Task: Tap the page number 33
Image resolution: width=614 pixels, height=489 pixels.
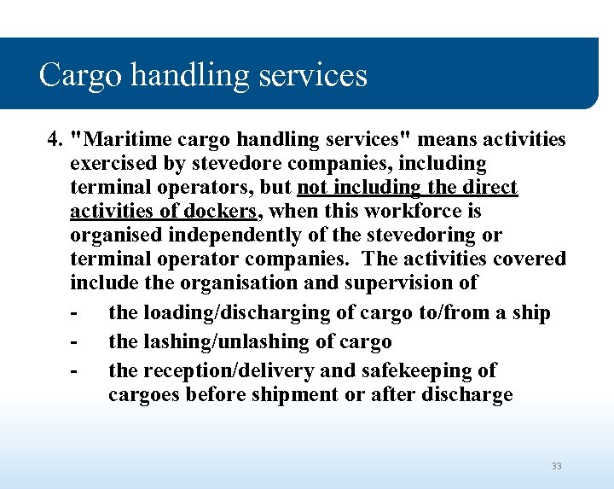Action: pyautogui.click(x=556, y=466)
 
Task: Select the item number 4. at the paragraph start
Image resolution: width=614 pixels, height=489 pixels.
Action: pyautogui.click(x=55, y=138)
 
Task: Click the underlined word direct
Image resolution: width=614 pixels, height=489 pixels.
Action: pyautogui.click(x=488, y=186)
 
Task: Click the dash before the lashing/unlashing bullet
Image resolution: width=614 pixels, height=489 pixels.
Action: pyautogui.click(x=75, y=341)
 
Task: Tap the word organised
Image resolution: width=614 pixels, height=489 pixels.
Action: pyautogui.click(x=114, y=234)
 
